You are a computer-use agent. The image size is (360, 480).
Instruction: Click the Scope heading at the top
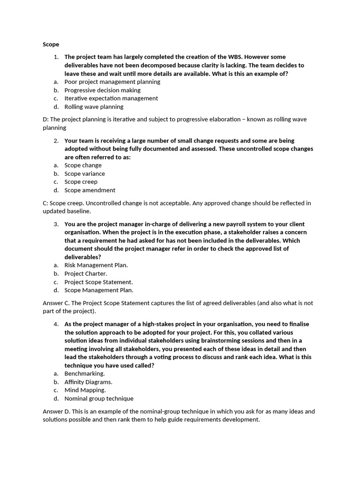pyautogui.click(x=51, y=45)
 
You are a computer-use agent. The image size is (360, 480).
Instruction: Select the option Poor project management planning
pyautogui.click(x=112, y=82)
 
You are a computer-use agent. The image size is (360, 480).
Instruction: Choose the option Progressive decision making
pyautogui.click(x=102, y=90)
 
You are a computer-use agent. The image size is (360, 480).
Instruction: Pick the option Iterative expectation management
pyautogui.click(x=111, y=98)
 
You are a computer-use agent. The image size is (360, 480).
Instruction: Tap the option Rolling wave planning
pyautogui.click(x=94, y=107)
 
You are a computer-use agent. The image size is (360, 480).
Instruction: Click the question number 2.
pyautogui.click(x=56, y=141)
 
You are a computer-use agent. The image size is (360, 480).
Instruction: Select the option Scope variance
pyautogui.click(x=84, y=173)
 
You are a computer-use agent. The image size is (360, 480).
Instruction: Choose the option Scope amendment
pyautogui.click(x=90, y=190)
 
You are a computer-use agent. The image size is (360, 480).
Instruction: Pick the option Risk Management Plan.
pyautogui.click(x=96, y=265)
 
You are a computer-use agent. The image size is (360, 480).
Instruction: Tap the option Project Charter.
pyautogui.click(x=86, y=273)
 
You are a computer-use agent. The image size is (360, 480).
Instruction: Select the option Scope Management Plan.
pyautogui.click(x=99, y=290)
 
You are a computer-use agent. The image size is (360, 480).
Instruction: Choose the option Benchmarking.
pyautogui.click(x=84, y=374)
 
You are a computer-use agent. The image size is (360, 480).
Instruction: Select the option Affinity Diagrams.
pyautogui.click(x=88, y=382)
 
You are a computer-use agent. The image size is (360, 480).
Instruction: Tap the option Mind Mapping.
pyautogui.click(x=85, y=390)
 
